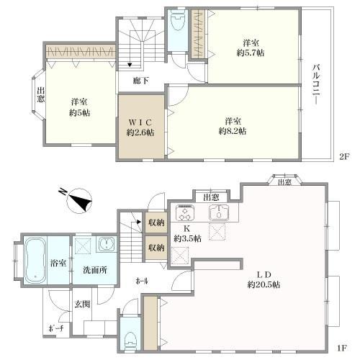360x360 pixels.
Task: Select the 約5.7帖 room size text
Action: click(252, 53)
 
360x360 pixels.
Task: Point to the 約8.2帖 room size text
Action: click(233, 131)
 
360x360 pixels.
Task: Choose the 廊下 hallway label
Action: click(141, 81)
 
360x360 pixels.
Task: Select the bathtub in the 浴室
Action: click(35, 259)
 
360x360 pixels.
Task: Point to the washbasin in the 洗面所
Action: click(106, 243)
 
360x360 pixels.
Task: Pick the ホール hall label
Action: click(143, 282)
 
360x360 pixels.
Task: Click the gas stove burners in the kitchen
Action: click(186, 212)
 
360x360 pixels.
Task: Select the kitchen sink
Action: click(218, 213)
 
